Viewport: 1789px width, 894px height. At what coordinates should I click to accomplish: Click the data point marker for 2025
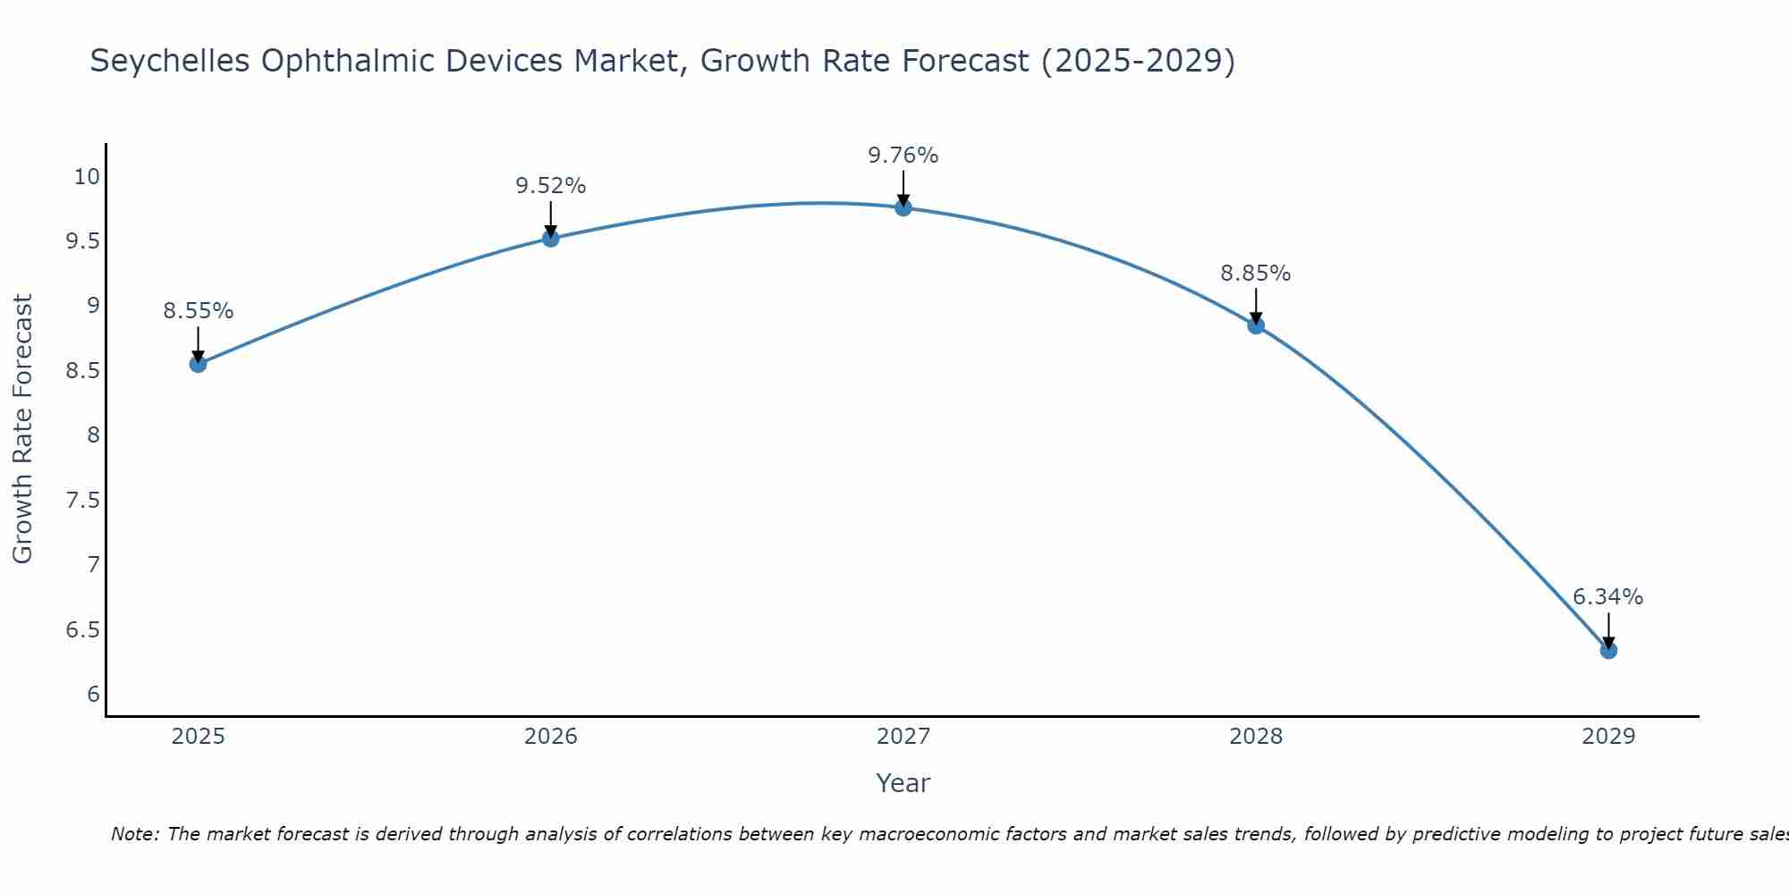click(198, 364)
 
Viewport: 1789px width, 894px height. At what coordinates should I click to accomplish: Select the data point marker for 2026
click(550, 238)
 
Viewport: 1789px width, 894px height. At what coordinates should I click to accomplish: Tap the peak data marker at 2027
click(903, 207)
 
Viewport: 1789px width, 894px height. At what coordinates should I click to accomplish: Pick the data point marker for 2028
click(1256, 325)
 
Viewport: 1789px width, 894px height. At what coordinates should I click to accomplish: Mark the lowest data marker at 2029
click(1608, 650)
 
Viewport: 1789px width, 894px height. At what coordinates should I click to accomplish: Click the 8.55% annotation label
click(198, 311)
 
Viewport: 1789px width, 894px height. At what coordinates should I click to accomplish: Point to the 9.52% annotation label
click(550, 186)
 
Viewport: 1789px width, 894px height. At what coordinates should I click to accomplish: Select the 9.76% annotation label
click(903, 156)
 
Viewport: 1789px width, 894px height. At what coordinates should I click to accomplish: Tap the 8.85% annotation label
click(1256, 274)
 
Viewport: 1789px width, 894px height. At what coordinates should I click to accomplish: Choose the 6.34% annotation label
click(1608, 597)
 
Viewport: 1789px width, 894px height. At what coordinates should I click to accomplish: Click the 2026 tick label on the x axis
click(550, 737)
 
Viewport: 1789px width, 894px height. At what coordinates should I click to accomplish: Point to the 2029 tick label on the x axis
click(1608, 737)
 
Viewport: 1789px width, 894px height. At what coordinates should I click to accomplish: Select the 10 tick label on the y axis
click(87, 176)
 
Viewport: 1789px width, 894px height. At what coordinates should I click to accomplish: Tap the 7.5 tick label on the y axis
click(83, 500)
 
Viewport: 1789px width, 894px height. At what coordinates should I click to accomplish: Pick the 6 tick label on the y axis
click(93, 695)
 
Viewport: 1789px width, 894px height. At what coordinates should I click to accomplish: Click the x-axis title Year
click(903, 783)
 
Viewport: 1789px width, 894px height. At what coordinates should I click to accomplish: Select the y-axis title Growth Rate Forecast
click(22, 429)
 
